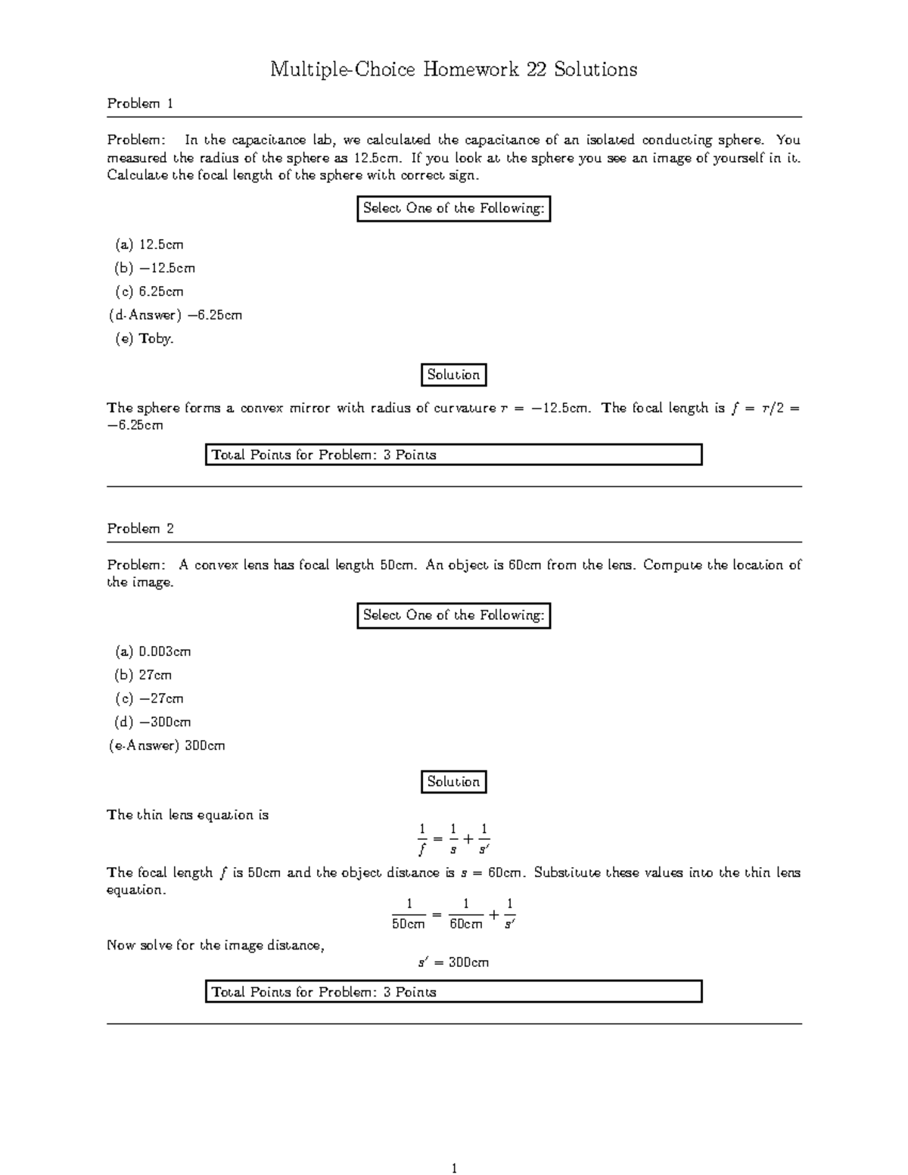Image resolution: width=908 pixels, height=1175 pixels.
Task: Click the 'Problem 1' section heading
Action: [x=140, y=104]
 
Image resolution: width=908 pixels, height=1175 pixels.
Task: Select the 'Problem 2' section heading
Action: [x=140, y=529]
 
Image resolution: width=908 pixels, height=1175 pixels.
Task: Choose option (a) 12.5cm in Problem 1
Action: [x=149, y=244]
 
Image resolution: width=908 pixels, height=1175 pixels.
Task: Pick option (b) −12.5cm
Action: [x=154, y=268]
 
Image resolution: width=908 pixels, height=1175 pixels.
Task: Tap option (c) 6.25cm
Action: [x=149, y=291]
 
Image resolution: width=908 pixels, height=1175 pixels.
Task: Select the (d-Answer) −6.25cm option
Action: [x=175, y=315]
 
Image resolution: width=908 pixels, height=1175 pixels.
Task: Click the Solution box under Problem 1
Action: [x=453, y=375]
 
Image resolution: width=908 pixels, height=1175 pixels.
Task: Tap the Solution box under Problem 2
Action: [x=453, y=782]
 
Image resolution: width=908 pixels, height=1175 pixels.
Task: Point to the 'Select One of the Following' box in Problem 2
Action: [x=453, y=615]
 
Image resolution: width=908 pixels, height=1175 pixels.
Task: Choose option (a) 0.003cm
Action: [x=153, y=651]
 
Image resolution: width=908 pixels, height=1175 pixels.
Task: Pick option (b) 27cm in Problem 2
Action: [x=144, y=675]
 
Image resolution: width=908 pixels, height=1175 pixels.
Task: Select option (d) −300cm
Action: [x=153, y=722]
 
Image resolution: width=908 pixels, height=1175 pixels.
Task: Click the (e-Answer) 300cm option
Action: [x=167, y=745]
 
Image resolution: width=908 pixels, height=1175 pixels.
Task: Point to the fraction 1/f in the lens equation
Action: [x=422, y=838]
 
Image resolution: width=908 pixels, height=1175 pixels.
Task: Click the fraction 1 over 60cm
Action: [x=465, y=914]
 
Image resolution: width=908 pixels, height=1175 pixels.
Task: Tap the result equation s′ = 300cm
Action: [x=453, y=962]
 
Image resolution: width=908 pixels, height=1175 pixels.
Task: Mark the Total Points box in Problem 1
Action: [x=453, y=455]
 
